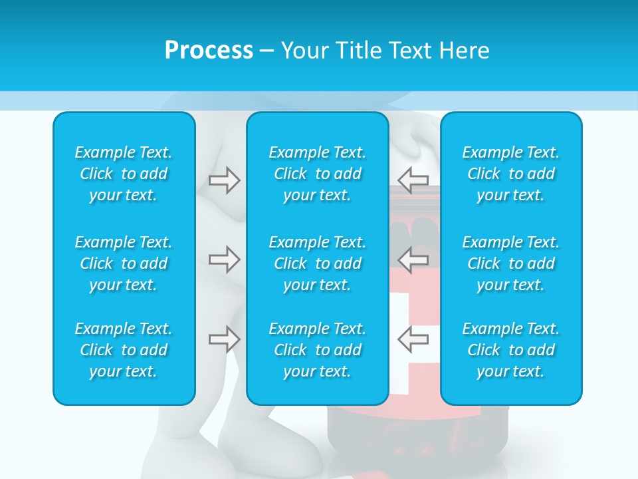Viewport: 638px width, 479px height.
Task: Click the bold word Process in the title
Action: pyautogui.click(x=209, y=51)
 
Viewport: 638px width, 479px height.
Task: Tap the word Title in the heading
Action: pyautogui.click(x=360, y=51)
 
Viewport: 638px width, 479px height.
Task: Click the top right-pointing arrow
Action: pyautogui.click(x=224, y=180)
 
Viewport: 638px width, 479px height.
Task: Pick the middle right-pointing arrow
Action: pyautogui.click(x=224, y=259)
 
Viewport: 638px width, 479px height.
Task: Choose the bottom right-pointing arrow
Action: pyautogui.click(x=224, y=339)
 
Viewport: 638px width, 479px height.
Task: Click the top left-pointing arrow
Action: pyautogui.click(x=413, y=180)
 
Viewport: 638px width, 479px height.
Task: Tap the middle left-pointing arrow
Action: pyautogui.click(x=413, y=259)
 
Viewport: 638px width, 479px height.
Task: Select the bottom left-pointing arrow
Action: pyautogui.click(x=413, y=339)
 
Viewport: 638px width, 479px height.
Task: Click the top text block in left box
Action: pyautogui.click(x=124, y=174)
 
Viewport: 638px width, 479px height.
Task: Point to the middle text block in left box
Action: pyautogui.click(x=124, y=263)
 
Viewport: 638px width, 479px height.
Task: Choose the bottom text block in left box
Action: pyautogui.click(x=124, y=350)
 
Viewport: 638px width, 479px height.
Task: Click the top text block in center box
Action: pyautogui.click(x=318, y=174)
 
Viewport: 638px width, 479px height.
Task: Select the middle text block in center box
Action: pyautogui.click(x=318, y=263)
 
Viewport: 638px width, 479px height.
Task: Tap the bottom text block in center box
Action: pyautogui.click(x=318, y=350)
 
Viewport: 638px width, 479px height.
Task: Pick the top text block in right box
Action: pyautogui.click(x=511, y=174)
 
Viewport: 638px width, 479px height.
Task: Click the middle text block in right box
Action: pyautogui.click(x=511, y=263)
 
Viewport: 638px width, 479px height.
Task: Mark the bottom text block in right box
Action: pyautogui.click(x=511, y=350)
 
